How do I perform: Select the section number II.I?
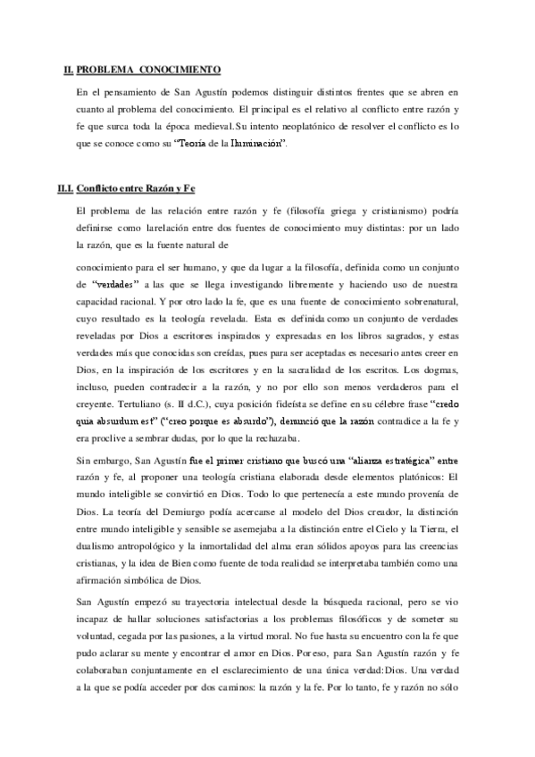click(x=64, y=188)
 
